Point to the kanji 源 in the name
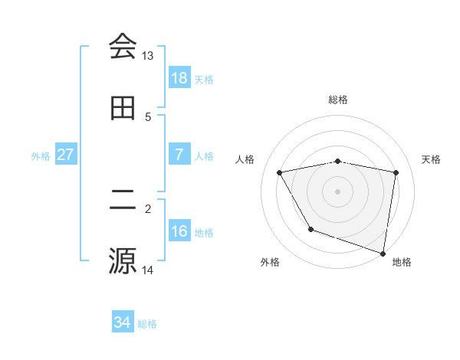[x=123, y=260]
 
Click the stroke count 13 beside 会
[x=148, y=56]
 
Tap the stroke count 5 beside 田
[x=148, y=117]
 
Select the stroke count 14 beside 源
[x=148, y=270]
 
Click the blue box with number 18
[x=179, y=78]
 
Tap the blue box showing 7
[x=179, y=155]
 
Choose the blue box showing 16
[x=179, y=231]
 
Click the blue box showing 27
[x=66, y=155]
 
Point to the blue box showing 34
[x=123, y=322]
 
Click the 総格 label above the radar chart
[x=338, y=100]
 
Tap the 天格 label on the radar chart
[x=431, y=159]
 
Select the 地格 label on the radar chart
[x=402, y=262]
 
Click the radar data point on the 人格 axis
[x=280, y=173]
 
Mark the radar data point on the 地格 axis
[x=383, y=252]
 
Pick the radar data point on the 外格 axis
[x=310, y=229]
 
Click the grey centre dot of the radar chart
[x=338, y=191]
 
